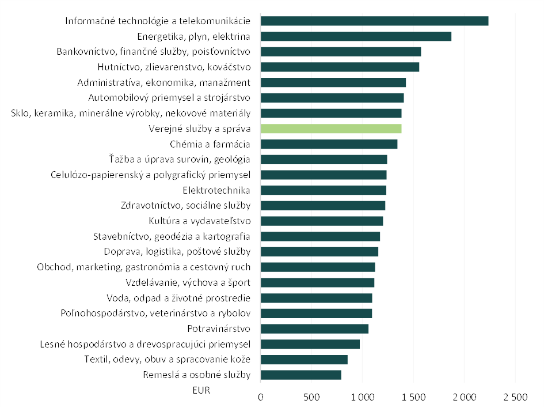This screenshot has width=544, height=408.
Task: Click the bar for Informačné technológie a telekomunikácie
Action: coord(374,21)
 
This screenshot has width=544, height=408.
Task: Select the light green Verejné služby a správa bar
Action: coord(331,129)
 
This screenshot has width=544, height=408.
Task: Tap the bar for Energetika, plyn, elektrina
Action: coord(356,36)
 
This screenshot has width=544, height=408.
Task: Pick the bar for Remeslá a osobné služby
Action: coord(300,375)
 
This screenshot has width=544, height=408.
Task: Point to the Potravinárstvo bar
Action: coord(314,329)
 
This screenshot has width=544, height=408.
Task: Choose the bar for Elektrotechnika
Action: coord(323,190)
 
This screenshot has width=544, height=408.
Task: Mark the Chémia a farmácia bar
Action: coord(329,144)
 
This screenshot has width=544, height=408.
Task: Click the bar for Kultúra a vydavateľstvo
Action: coord(322,221)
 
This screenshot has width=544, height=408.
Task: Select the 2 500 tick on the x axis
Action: coord(515,398)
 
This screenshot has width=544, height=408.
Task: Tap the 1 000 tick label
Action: coord(363,398)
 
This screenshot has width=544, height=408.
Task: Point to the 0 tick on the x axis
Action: coord(261,398)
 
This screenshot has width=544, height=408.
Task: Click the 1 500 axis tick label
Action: coord(413,398)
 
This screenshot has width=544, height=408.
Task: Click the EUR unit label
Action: coord(201,390)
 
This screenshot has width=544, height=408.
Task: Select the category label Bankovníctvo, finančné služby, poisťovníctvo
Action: coord(154,52)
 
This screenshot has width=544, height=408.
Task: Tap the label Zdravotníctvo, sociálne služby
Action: coord(185,206)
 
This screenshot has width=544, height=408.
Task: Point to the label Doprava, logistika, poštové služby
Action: coord(177,252)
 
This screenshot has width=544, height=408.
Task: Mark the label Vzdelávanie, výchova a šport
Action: coord(188,283)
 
